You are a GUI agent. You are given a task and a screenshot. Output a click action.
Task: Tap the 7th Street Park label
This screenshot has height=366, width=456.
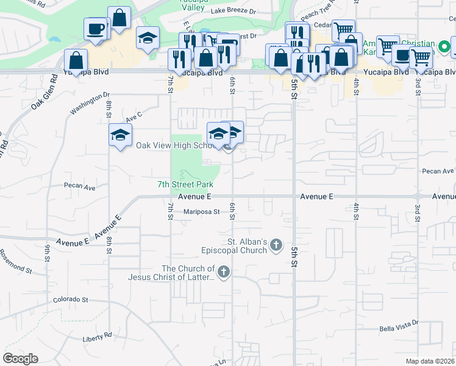[x=185, y=184]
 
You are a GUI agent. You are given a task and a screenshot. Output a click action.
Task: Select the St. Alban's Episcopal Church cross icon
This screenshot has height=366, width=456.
[x=276, y=245]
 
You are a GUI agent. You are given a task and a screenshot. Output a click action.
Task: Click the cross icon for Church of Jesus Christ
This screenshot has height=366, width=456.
[x=224, y=272]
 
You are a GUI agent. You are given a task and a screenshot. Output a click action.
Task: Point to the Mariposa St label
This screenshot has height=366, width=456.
[x=201, y=212]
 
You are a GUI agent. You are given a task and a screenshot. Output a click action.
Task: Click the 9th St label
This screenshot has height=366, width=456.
[x=47, y=253]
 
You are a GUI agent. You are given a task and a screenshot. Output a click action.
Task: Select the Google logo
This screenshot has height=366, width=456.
[x=20, y=359]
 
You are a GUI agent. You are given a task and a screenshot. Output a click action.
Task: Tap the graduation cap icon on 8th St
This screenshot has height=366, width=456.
[x=120, y=135]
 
